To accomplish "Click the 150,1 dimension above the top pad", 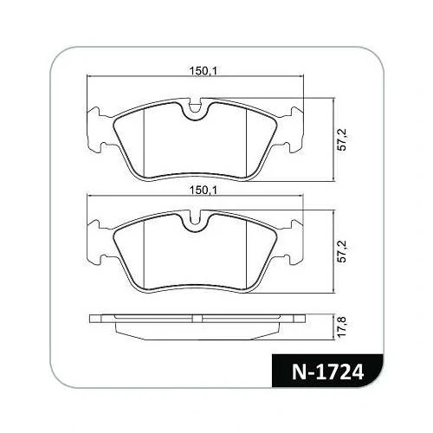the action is (x=203, y=70).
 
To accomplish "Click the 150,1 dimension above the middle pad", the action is (x=203, y=190).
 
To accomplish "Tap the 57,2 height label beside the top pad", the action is (x=342, y=139).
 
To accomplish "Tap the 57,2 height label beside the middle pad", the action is (x=342, y=251).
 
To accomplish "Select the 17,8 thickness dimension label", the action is (x=342, y=326).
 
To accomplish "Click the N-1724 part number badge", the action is (x=327, y=371).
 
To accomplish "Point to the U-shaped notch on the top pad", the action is (x=195, y=109).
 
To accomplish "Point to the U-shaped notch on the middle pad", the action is (x=195, y=221).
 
